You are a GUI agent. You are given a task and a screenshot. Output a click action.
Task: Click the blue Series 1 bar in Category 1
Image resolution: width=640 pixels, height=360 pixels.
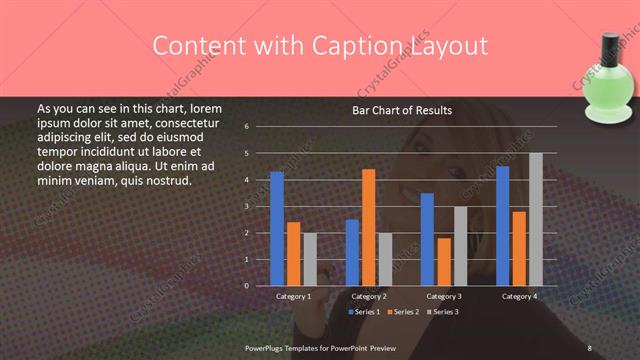click(277, 229)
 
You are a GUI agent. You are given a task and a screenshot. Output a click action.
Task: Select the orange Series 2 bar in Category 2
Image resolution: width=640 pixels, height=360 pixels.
click(368, 227)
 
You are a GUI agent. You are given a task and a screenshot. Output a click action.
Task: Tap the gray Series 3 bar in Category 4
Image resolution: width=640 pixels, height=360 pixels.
click(535, 219)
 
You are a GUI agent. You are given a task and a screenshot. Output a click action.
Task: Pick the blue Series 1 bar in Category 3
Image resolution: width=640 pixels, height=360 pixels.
click(427, 239)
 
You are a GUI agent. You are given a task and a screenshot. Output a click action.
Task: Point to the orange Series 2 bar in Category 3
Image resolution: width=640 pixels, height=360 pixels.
click(443, 262)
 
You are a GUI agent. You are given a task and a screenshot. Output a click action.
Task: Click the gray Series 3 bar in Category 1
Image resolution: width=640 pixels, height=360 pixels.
click(309, 259)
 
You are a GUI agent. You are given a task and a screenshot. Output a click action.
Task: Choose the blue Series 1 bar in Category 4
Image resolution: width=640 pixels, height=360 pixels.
click(502, 226)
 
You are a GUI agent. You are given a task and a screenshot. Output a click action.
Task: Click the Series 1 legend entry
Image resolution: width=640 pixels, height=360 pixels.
click(365, 312)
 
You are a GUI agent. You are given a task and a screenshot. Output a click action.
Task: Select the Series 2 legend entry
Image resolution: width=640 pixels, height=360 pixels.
click(405, 312)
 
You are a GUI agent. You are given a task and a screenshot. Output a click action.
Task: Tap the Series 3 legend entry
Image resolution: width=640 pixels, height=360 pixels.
click(444, 312)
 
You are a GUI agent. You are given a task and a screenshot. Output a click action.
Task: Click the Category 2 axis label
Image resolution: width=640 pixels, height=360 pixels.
click(369, 296)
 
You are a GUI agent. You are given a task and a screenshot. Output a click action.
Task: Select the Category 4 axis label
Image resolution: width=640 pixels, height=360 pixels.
click(518, 296)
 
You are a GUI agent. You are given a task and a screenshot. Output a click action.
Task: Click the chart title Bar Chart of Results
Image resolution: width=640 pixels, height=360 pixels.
click(402, 110)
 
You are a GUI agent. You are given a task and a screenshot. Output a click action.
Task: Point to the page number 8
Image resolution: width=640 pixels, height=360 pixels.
click(589, 347)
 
